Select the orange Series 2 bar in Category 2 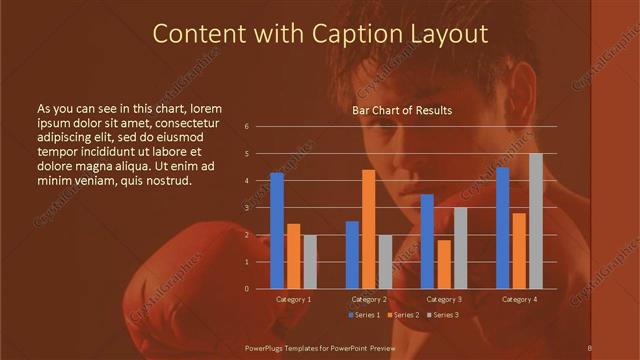(369, 228)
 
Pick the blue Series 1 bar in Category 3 (427, 241)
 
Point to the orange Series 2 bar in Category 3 (444, 264)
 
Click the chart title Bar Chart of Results (402, 110)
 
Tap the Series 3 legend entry (443, 315)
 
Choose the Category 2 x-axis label (369, 299)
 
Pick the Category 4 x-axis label (519, 299)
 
